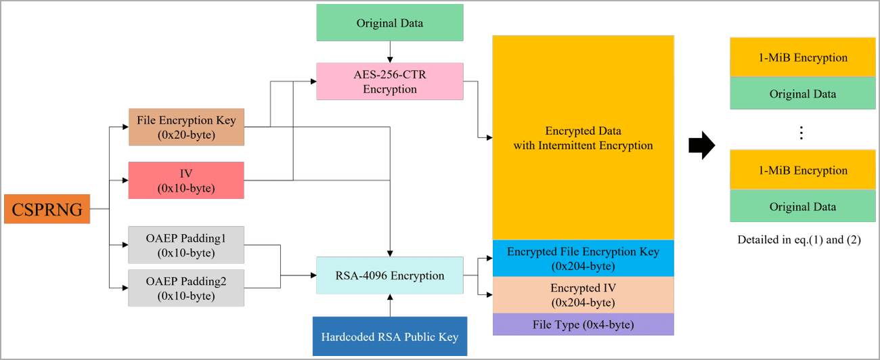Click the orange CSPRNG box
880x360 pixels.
pyautogui.click(x=47, y=209)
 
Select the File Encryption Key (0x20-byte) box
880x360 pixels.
pyautogui.click(x=186, y=127)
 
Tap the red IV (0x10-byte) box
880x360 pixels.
pyautogui.click(x=186, y=180)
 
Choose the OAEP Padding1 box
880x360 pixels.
pyautogui.click(x=186, y=245)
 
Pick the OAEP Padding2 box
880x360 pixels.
pyautogui.click(x=186, y=288)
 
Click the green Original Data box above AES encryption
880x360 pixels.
pyautogui.click(x=390, y=22)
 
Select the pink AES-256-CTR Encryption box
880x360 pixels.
pyautogui.click(x=390, y=81)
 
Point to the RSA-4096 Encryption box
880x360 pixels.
pyautogui.click(x=390, y=275)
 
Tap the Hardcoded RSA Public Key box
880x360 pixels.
pyautogui.click(x=390, y=336)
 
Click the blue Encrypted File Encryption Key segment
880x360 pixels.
pyautogui.click(x=583, y=258)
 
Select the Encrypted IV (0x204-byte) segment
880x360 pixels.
pyautogui.click(x=583, y=295)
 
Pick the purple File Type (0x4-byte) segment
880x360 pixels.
pyautogui.click(x=583, y=324)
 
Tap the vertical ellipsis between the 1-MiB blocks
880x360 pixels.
pyautogui.click(x=801, y=133)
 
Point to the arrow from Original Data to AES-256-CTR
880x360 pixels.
pyautogui.click(x=390, y=51)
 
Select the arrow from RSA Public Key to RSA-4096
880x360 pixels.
pyautogui.click(x=390, y=305)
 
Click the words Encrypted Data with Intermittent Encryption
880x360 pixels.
pyautogui.click(x=583, y=138)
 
